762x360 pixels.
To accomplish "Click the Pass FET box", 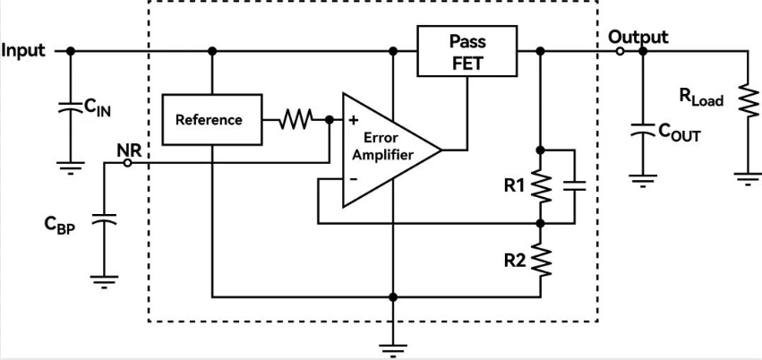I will [x=467, y=52].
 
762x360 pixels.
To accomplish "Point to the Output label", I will [x=638, y=37].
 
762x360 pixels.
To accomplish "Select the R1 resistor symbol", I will [x=541, y=186].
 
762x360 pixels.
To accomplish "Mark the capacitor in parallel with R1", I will [x=576, y=186].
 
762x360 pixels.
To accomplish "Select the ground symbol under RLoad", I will [x=745, y=176].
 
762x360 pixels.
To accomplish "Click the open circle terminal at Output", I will [x=620, y=51].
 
